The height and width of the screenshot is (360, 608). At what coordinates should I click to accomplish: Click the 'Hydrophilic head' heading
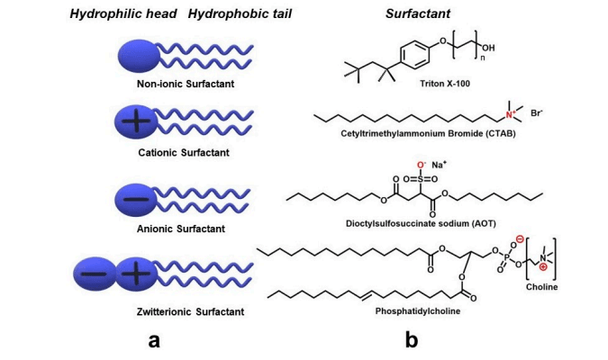click(x=123, y=14)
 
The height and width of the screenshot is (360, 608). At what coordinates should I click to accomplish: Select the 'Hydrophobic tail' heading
click(x=240, y=14)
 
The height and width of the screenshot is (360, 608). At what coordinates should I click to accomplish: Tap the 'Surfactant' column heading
click(x=418, y=14)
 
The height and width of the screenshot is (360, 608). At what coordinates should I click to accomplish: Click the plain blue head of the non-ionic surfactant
click(x=139, y=56)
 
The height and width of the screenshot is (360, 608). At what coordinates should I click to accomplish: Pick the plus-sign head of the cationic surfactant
click(x=136, y=121)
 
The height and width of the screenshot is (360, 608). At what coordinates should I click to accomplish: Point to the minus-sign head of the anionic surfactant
click(x=136, y=200)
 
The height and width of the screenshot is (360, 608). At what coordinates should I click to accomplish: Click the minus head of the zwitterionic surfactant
click(x=95, y=274)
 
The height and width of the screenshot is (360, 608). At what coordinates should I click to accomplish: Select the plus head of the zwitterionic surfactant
click(x=136, y=274)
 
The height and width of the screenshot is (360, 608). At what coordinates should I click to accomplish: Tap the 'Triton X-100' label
click(x=445, y=84)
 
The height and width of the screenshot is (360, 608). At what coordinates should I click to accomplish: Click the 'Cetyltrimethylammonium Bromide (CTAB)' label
click(x=428, y=134)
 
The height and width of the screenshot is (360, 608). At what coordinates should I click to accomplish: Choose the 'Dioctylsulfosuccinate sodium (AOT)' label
click(x=421, y=223)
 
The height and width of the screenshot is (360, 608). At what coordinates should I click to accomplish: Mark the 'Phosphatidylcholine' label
click(x=418, y=311)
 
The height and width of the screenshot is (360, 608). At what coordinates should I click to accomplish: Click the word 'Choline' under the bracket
click(x=541, y=287)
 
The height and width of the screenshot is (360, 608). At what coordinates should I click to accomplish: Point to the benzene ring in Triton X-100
click(x=415, y=55)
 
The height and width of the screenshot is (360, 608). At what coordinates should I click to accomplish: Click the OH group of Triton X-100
click(x=488, y=48)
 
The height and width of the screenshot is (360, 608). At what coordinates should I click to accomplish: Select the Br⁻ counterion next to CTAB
click(x=537, y=113)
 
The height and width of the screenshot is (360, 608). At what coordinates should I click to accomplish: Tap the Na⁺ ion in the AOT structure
click(x=439, y=165)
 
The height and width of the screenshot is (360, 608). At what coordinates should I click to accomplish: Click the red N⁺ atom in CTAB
click(x=511, y=114)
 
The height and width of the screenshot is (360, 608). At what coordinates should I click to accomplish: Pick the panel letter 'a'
click(x=154, y=340)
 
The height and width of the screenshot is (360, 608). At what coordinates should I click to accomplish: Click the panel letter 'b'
click(x=412, y=339)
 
